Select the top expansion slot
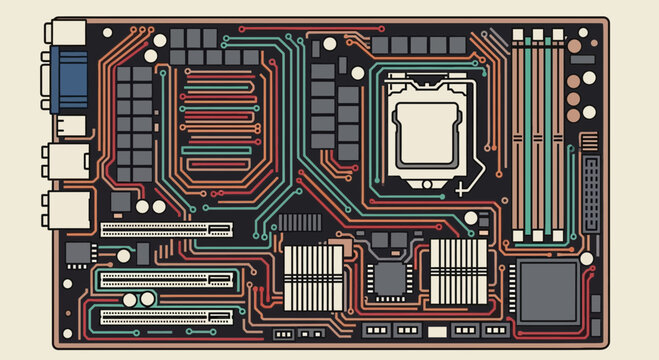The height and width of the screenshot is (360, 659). [x=166, y=228]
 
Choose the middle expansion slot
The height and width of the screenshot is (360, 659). [x=166, y=279]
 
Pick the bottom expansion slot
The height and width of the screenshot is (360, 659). [x=166, y=317]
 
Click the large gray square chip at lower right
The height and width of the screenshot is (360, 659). [x=548, y=291]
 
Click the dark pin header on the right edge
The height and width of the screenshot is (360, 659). [x=592, y=193]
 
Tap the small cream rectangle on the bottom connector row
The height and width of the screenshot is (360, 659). [x=438, y=330]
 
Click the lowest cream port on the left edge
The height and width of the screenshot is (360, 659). [x=65, y=210]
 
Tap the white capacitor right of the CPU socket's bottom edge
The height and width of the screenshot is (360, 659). [x=469, y=217]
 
